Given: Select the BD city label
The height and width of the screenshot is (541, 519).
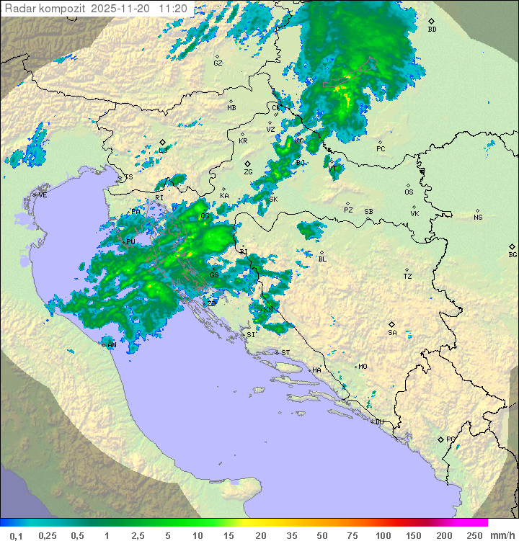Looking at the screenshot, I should [x=432, y=30].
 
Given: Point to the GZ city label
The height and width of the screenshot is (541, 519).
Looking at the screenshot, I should [x=218, y=63].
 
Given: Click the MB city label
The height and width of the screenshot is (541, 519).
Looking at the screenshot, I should [x=231, y=108].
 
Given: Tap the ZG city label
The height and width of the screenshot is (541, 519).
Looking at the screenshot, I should [x=248, y=172].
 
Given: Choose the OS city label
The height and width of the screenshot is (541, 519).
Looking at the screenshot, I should [x=409, y=192].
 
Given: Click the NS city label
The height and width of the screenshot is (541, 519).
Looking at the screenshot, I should [x=478, y=218].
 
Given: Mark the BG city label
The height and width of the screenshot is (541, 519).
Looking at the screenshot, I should [x=513, y=254].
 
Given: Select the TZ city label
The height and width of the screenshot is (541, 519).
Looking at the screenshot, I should [x=408, y=277].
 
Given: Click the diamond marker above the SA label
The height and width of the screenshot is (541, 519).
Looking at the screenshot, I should [x=392, y=324].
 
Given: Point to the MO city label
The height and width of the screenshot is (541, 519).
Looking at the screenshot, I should [x=363, y=367].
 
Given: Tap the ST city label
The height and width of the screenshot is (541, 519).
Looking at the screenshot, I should [x=285, y=353].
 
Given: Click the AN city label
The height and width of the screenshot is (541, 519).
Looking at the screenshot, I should [x=112, y=345].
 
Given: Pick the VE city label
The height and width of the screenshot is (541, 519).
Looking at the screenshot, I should [x=43, y=195].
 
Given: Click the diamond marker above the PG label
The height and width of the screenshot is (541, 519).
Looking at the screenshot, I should [x=441, y=439].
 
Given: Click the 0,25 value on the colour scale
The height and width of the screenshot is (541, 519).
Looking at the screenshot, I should [x=48, y=535].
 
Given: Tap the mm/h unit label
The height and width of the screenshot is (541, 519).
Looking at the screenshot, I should [x=502, y=535].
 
